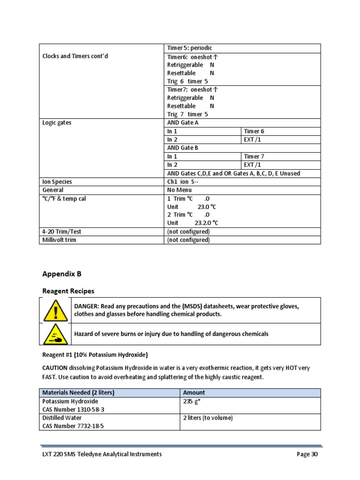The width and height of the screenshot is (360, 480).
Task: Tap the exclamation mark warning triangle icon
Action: [x=56, y=310]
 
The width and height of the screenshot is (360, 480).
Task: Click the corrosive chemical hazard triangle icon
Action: [x=56, y=334]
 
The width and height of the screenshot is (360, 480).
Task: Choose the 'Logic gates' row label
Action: [x=57, y=123]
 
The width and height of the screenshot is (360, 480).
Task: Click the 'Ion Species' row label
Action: [x=57, y=181]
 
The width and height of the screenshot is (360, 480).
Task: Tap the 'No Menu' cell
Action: [x=180, y=190]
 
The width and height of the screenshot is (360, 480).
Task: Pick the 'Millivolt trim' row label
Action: [x=59, y=240]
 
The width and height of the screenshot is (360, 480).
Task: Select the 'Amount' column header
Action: [x=194, y=393]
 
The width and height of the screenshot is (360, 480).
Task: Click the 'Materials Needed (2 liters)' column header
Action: [x=79, y=393]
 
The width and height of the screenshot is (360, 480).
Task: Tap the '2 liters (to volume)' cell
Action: [x=208, y=418]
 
